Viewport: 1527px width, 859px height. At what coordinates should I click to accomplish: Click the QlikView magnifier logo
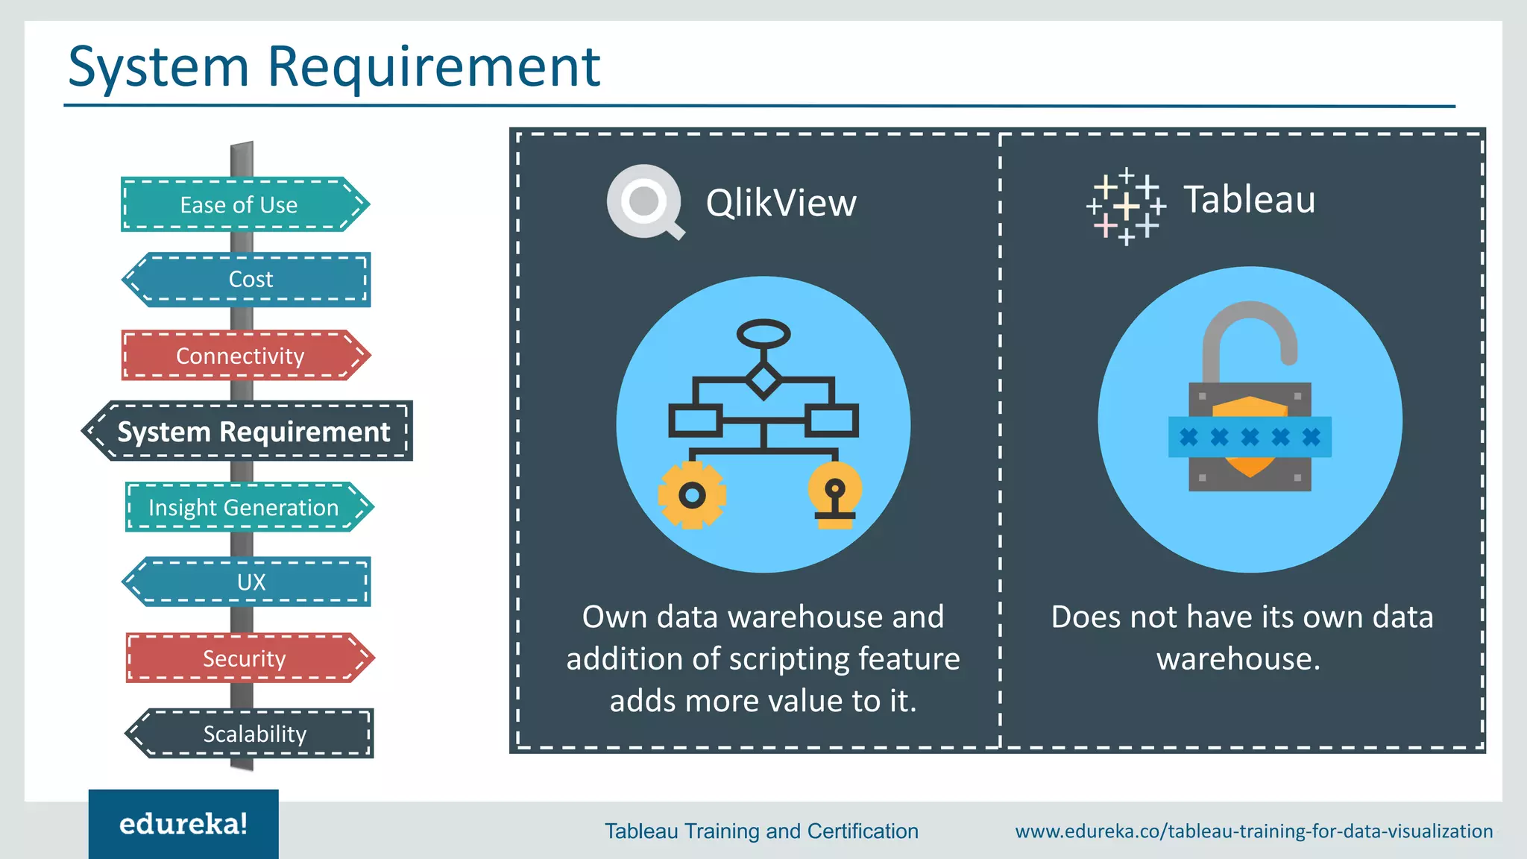click(x=644, y=202)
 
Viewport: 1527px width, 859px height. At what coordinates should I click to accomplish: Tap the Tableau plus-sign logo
click(x=1126, y=206)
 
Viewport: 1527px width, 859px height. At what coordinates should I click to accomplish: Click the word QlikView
click(x=781, y=203)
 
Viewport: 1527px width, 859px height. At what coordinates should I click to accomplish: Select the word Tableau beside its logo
click(x=1250, y=200)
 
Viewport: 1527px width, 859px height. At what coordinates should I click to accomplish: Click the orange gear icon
click(x=692, y=494)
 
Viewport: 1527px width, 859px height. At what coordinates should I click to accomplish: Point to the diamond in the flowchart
click(x=763, y=380)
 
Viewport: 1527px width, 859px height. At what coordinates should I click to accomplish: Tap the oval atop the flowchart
click(x=763, y=333)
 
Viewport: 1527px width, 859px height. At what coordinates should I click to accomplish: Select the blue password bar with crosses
click(x=1250, y=437)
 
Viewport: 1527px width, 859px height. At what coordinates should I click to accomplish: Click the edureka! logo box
click(x=183, y=824)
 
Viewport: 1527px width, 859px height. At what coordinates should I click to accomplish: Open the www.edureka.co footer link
click(x=1253, y=831)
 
